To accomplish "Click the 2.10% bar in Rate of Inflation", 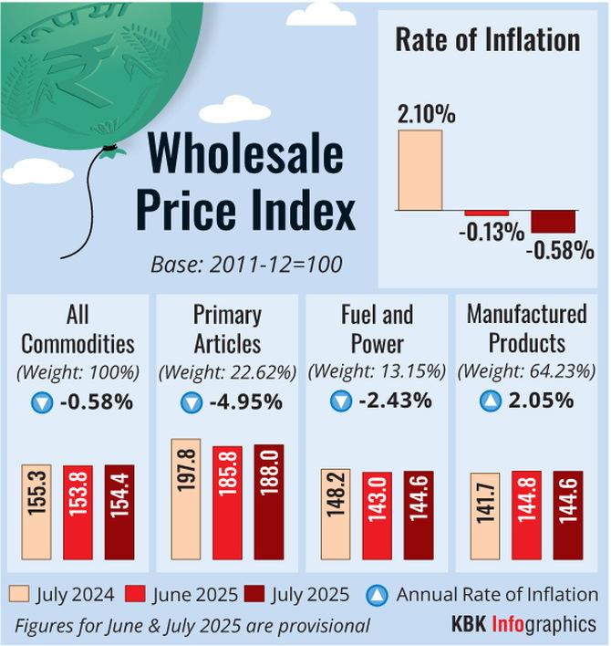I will [419, 170].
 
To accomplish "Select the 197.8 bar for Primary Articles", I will [186, 499].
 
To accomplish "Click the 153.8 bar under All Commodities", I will [78, 512].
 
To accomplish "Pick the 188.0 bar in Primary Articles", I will [269, 502].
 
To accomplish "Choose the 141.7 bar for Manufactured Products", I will [484, 516].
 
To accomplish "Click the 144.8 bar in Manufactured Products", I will [526, 516].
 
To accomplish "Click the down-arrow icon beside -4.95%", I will [191, 401].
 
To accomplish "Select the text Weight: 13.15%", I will [378, 372].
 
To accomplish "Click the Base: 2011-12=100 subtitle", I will [246, 265].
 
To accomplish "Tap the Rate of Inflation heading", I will [487, 40].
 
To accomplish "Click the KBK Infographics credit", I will [524, 625].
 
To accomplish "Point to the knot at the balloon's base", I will [110, 150].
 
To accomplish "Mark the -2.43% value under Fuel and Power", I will [392, 401].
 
